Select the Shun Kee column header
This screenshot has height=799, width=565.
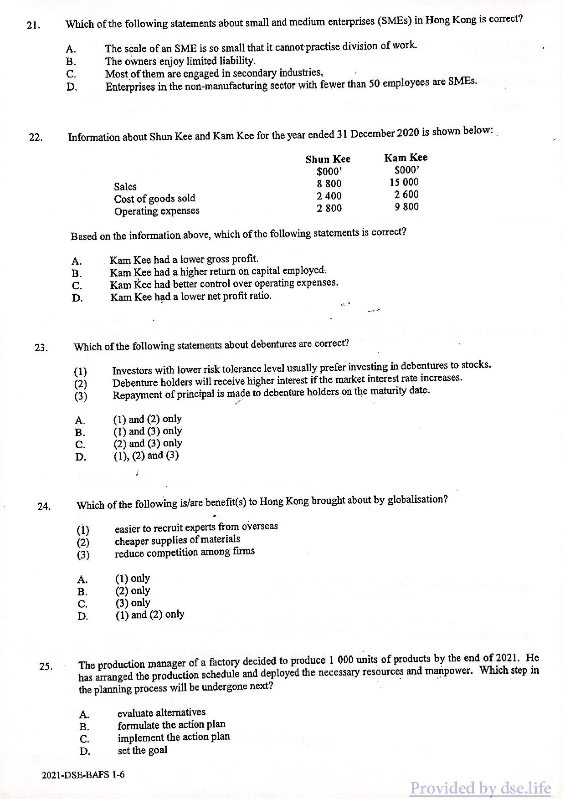pyautogui.click(x=328, y=159)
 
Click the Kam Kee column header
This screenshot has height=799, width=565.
pyautogui.click(x=406, y=158)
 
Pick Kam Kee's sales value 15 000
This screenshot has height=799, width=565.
pyautogui.click(x=404, y=182)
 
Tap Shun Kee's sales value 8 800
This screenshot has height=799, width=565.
pyautogui.click(x=329, y=184)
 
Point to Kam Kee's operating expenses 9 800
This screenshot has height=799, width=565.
pyautogui.click(x=406, y=207)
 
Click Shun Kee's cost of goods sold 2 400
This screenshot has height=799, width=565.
pyautogui.click(x=329, y=196)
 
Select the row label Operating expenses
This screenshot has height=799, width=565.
pyautogui.click(x=157, y=211)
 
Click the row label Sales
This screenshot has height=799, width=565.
pyautogui.click(x=125, y=186)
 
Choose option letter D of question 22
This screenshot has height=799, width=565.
pyautogui.click(x=77, y=298)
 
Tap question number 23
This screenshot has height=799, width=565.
pyautogui.click(x=41, y=348)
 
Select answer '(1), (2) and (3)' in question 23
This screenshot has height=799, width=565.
pyautogui.click(x=146, y=456)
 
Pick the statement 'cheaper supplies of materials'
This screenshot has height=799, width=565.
pyautogui.click(x=177, y=540)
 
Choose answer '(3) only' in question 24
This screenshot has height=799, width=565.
pyautogui.click(x=133, y=603)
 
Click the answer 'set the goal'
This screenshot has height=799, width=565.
pyautogui.click(x=142, y=750)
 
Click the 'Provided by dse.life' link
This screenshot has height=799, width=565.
pyautogui.click(x=480, y=788)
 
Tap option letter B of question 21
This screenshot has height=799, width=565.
pyautogui.click(x=71, y=61)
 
